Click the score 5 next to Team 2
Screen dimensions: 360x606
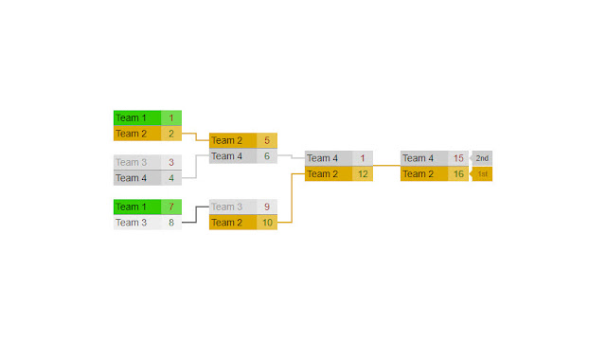point(267,140)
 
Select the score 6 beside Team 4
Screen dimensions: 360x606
point(267,156)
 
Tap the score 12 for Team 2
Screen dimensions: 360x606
point(363,173)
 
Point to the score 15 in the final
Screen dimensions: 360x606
point(458,158)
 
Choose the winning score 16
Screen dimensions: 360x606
point(458,173)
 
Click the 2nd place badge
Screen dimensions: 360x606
point(482,158)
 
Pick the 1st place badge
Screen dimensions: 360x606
point(482,173)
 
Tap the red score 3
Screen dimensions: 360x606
point(171,162)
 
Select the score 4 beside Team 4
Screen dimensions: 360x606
point(171,177)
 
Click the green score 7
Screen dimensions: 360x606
point(171,207)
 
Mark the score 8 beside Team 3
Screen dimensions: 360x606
point(171,223)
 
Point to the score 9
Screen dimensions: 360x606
point(267,207)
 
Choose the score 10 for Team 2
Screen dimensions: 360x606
point(267,223)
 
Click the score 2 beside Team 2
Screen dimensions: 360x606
point(171,134)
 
